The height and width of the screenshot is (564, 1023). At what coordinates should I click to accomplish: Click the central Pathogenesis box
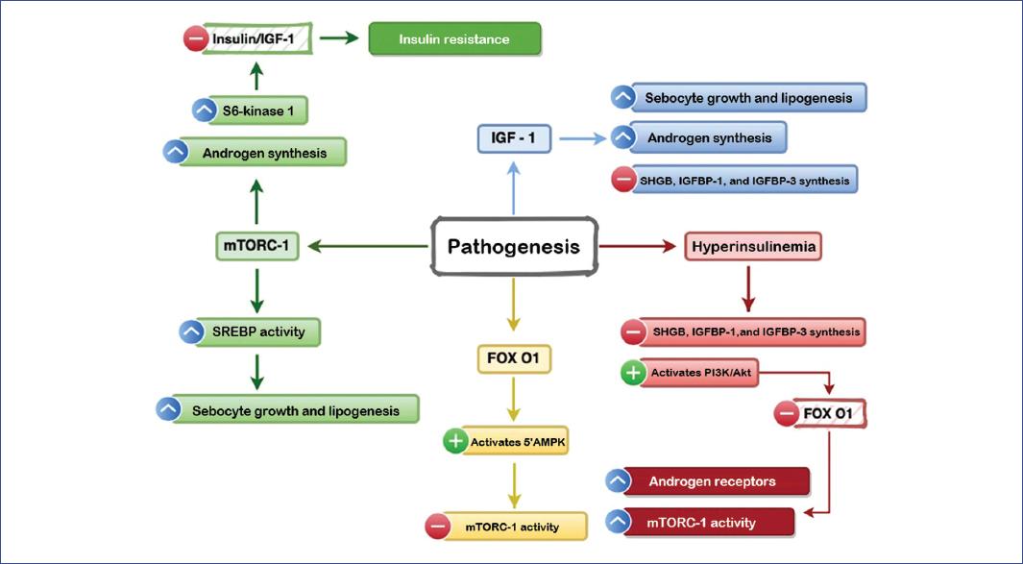pyautogui.click(x=514, y=247)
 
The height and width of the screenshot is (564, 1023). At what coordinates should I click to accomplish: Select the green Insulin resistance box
pyautogui.click(x=455, y=39)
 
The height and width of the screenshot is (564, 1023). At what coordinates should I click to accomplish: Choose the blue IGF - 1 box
pyautogui.click(x=514, y=138)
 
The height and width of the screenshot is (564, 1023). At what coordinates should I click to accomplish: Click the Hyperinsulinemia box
pyautogui.click(x=754, y=247)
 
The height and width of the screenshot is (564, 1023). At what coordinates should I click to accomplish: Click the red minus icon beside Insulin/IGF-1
pyautogui.click(x=195, y=39)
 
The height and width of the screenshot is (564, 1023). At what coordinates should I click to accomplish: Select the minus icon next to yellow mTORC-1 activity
pyautogui.click(x=438, y=527)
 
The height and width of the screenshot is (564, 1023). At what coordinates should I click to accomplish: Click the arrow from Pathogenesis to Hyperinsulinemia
pyautogui.click(x=638, y=247)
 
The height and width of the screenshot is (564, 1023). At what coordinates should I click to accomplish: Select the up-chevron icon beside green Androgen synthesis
pyautogui.click(x=175, y=152)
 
